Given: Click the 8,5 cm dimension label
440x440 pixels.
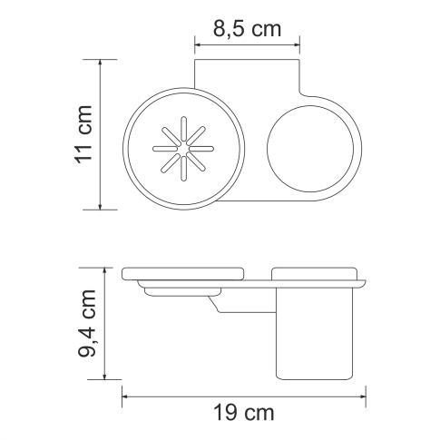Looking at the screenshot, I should (x=247, y=28).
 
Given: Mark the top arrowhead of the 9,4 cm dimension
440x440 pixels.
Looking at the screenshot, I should (x=108, y=269).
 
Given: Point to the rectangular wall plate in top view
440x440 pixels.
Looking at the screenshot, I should (x=248, y=77).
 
